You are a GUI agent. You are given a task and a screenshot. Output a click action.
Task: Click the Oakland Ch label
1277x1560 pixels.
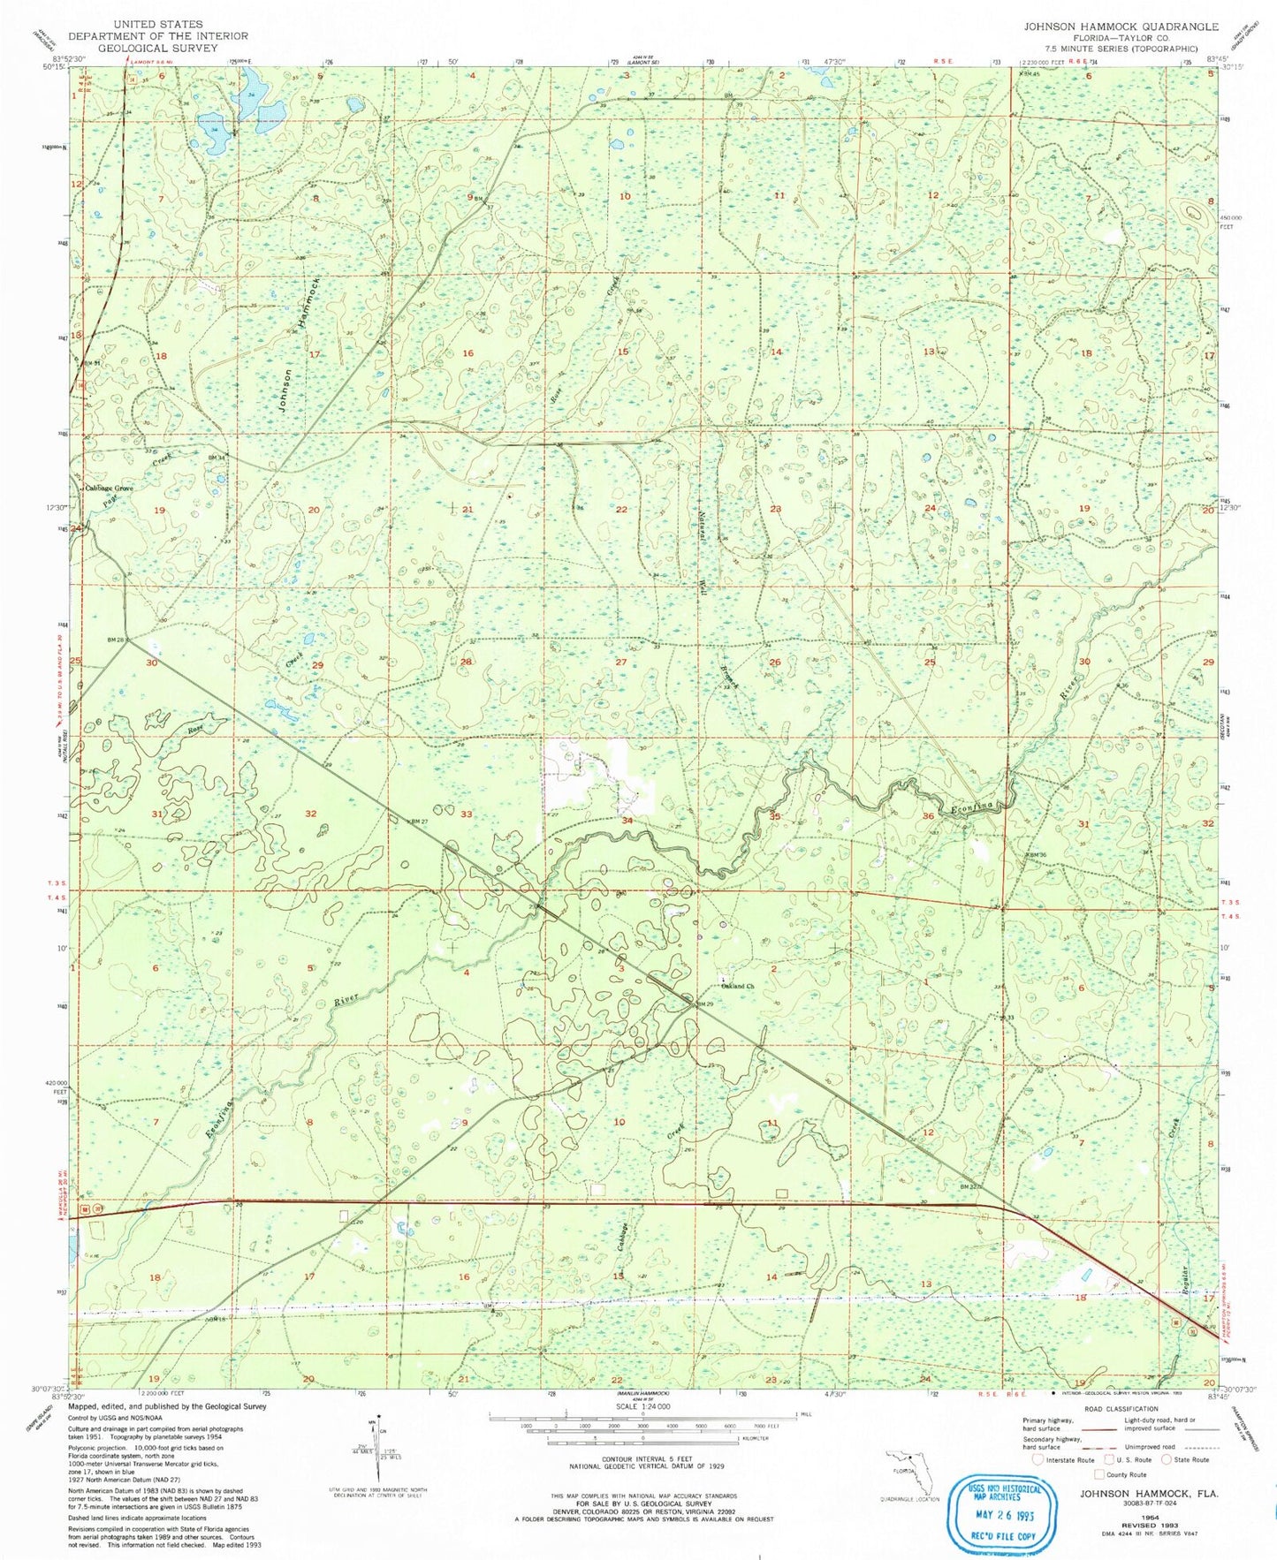(x=738, y=986)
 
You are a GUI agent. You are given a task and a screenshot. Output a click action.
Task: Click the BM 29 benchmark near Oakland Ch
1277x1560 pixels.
(x=703, y=1004)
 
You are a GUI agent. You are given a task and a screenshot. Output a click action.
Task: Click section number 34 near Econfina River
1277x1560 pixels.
(x=627, y=821)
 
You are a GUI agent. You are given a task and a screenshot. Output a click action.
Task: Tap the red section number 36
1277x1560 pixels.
(x=928, y=816)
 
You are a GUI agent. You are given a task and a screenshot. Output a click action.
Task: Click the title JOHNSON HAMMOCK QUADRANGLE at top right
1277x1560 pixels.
(x=1121, y=27)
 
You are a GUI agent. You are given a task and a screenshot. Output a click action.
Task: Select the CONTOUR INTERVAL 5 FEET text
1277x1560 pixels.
(x=642, y=1460)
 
